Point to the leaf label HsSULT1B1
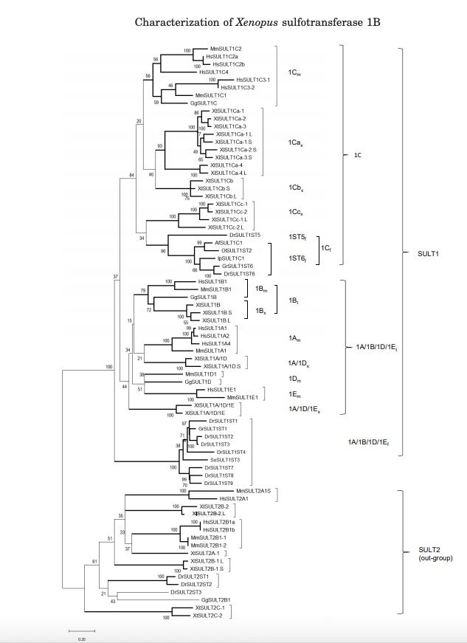(212, 281)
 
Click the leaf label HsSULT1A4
(215, 343)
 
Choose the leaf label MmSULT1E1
(242, 397)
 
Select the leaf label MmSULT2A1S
(253, 490)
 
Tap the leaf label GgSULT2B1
(216, 599)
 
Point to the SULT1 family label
(419, 253)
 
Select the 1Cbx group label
(296, 188)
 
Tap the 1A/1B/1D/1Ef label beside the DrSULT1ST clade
(368, 442)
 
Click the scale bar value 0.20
(82, 639)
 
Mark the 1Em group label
(295, 393)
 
